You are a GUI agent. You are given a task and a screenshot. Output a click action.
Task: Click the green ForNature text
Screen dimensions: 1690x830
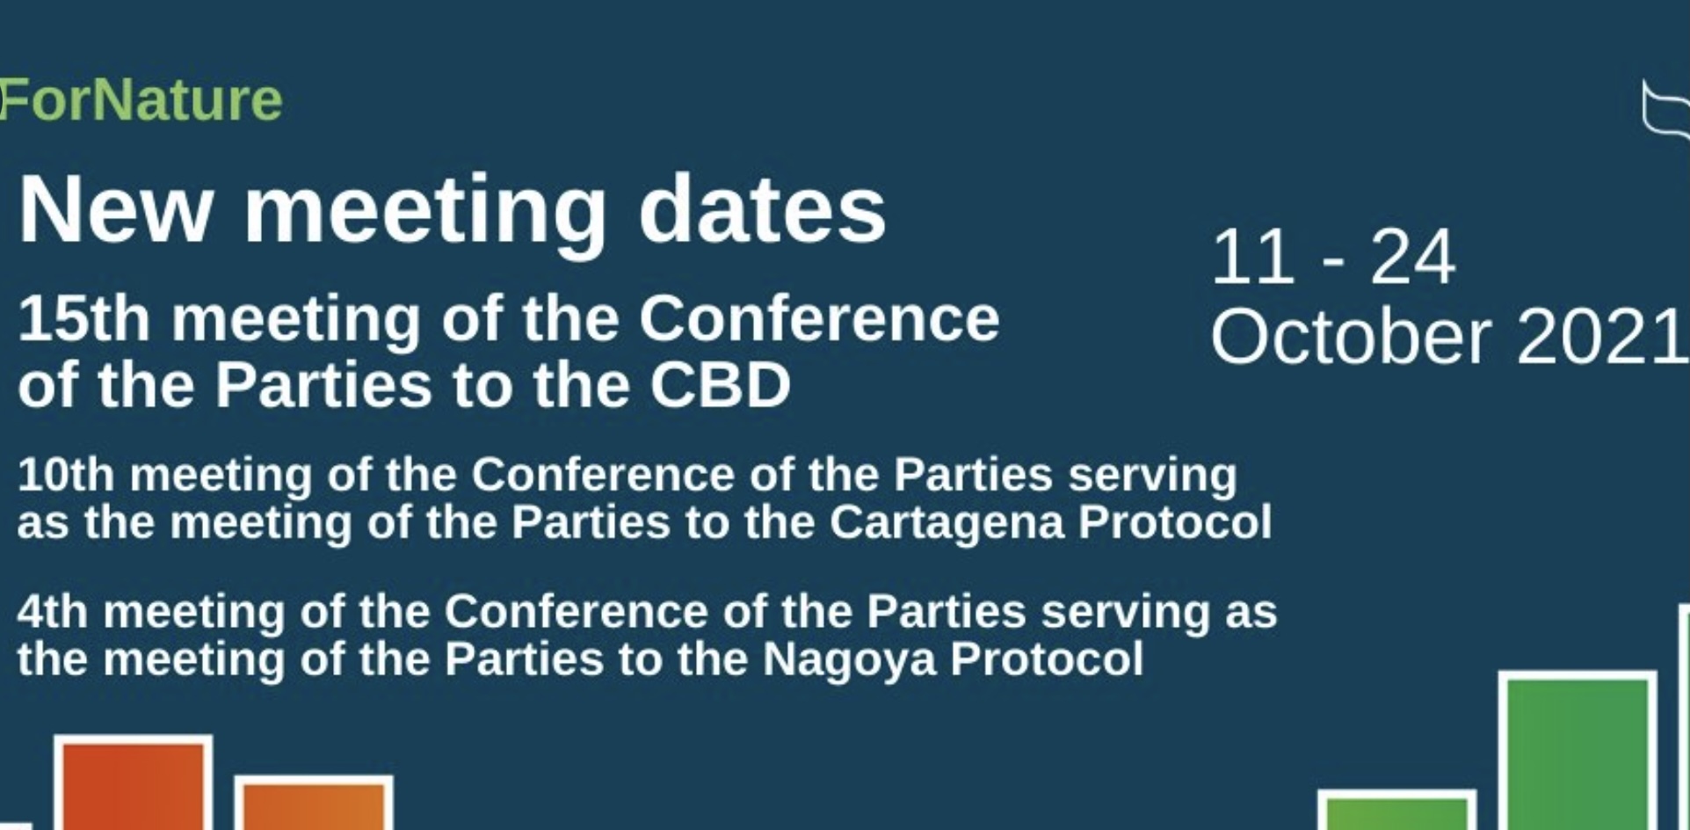pyautogui.click(x=141, y=99)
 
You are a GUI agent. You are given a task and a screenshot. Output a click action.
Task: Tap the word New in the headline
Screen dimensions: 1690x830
pyautogui.click(x=115, y=210)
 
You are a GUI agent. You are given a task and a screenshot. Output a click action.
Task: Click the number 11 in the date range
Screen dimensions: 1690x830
pyautogui.click(x=1252, y=257)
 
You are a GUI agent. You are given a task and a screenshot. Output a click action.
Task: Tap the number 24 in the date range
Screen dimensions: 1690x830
pyautogui.click(x=1412, y=257)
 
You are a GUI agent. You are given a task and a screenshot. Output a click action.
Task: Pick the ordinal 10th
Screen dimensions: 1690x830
pyautogui.click(x=66, y=475)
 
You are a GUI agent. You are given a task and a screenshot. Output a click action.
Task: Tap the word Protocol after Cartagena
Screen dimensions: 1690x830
pyautogui.click(x=1175, y=522)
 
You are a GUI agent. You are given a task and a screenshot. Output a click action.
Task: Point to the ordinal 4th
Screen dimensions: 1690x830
pyautogui.click(x=53, y=611)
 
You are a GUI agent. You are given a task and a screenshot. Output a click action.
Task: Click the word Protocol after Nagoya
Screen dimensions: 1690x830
pyautogui.click(x=1047, y=659)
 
